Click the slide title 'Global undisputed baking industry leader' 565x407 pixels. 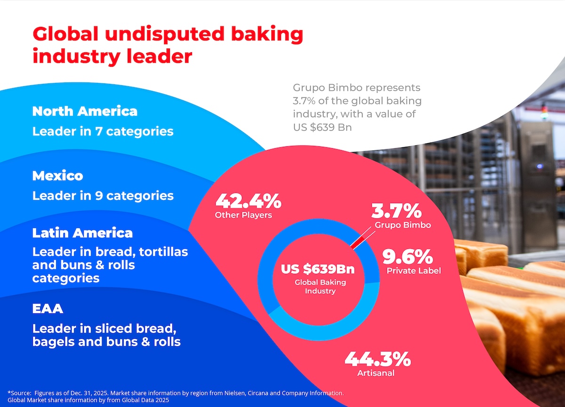(167, 45)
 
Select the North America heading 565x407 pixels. (85, 111)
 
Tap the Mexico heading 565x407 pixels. (57, 176)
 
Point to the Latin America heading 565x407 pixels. (82, 233)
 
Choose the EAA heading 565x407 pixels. (48, 309)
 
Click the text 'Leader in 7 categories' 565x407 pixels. (103, 131)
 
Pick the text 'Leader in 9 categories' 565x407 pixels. (103, 196)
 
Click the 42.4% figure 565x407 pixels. (248, 201)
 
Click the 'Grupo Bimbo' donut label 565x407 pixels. (403, 225)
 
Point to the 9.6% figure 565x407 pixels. (407, 257)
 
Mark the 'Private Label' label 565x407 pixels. (413, 271)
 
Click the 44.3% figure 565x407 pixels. (378, 359)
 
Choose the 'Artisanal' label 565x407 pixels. (375, 374)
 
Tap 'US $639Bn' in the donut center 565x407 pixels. (318, 269)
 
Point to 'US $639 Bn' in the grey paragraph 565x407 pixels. (322, 128)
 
